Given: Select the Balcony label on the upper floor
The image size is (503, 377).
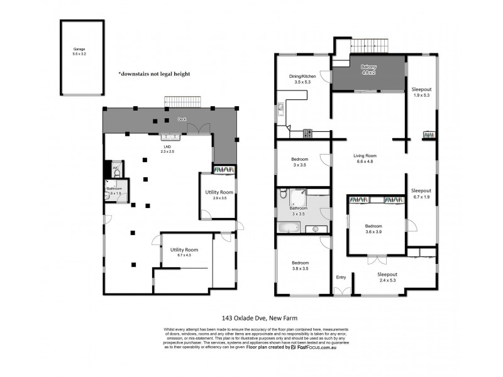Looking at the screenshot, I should click(368, 70).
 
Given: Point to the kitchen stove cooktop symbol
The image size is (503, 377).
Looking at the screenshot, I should click(308, 133).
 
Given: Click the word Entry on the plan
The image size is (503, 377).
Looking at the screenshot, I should click(341, 277).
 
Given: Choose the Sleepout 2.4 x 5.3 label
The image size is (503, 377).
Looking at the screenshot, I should click(387, 278).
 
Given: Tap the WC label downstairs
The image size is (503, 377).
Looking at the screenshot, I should click(116, 168).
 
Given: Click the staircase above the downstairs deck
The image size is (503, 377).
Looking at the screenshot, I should click(183, 102).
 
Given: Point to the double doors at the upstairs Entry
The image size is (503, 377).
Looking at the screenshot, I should click(342, 291).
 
